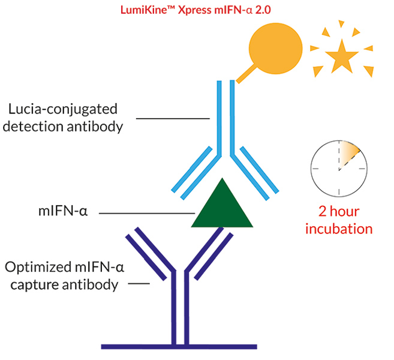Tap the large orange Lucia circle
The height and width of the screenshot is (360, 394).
tap(276, 49)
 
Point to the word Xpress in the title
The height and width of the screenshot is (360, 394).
tap(194, 11)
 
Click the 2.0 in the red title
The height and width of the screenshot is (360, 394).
tap(263, 10)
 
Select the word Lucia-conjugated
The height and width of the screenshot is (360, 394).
tap(63, 109)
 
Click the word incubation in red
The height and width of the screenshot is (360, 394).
tap(339, 229)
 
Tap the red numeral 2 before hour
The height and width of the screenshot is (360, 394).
tap(323, 211)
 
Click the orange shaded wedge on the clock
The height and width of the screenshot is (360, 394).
tap(349, 154)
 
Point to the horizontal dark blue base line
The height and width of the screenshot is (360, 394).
tap(179, 347)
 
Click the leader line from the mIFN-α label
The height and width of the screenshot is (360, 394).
tap(147, 214)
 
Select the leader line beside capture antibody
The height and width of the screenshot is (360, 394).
tap(139, 284)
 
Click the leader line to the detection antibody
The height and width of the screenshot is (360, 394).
tap(173, 118)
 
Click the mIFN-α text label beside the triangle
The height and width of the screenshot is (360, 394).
tap(63, 211)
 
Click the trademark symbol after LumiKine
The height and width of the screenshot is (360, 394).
tap(173, 8)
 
